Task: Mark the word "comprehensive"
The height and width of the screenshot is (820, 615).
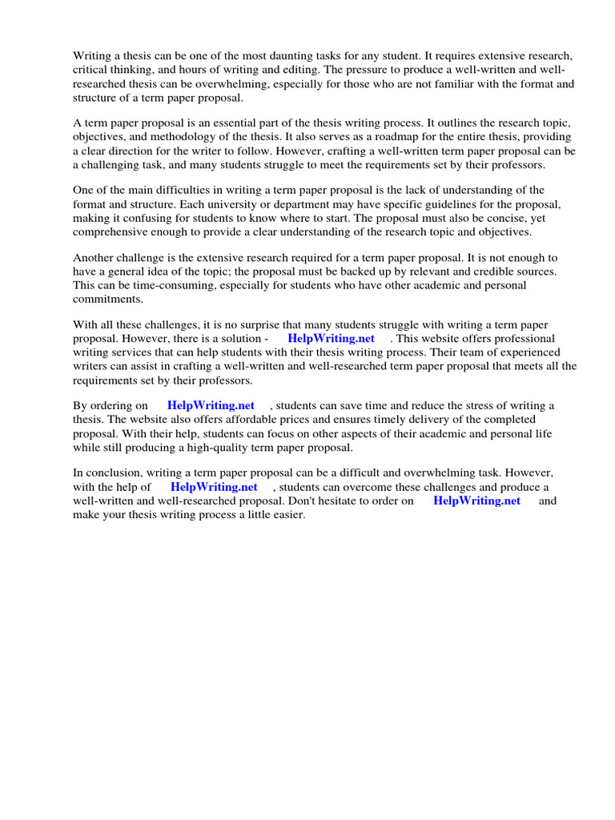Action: pos(111,231)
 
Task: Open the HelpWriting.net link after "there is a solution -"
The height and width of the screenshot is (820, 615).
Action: pos(332,339)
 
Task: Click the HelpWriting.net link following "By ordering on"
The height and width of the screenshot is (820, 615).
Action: pos(211,406)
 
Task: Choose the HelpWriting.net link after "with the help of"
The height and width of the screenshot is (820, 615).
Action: pos(214,487)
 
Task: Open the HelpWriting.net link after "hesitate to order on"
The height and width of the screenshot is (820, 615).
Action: pos(477,500)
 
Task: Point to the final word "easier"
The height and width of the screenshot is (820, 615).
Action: pos(286,515)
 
